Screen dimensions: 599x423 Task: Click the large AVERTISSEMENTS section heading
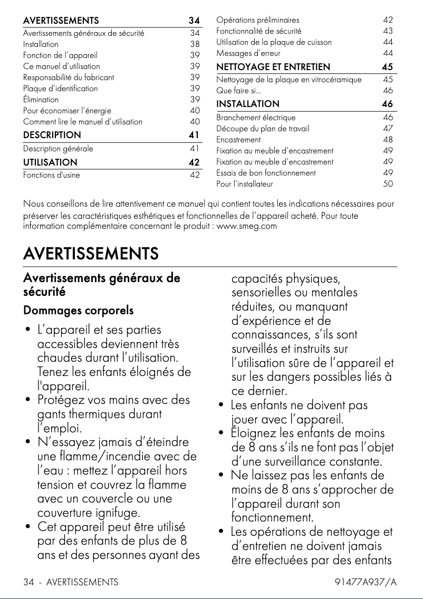pyautogui.click(x=91, y=254)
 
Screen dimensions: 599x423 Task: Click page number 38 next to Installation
pyautogui.click(x=195, y=44)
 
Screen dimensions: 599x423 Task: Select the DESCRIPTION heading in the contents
pyautogui.click(x=52, y=135)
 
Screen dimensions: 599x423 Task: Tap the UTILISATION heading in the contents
pyautogui.click(x=50, y=162)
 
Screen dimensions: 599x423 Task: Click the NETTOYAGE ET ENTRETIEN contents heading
pyautogui.click(x=273, y=67)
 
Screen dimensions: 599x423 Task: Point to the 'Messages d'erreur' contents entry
pyautogui.click(x=248, y=53)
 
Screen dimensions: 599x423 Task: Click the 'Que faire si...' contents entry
pyautogui.click(x=232, y=91)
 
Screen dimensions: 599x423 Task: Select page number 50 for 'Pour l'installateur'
pyautogui.click(x=388, y=184)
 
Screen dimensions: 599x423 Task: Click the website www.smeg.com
pyautogui.click(x=247, y=226)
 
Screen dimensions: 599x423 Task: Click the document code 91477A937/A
pyautogui.click(x=366, y=582)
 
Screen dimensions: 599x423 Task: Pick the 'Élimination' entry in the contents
pyautogui.click(x=41, y=100)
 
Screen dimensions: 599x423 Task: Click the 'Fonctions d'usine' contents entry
pyautogui.click(x=52, y=175)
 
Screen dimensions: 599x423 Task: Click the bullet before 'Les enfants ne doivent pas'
pyautogui.click(x=222, y=406)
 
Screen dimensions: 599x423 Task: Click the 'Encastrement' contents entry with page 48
pyautogui.click(x=238, y=140)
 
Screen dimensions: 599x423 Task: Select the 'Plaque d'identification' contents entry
pyautogui.click(x=60, y=89)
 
